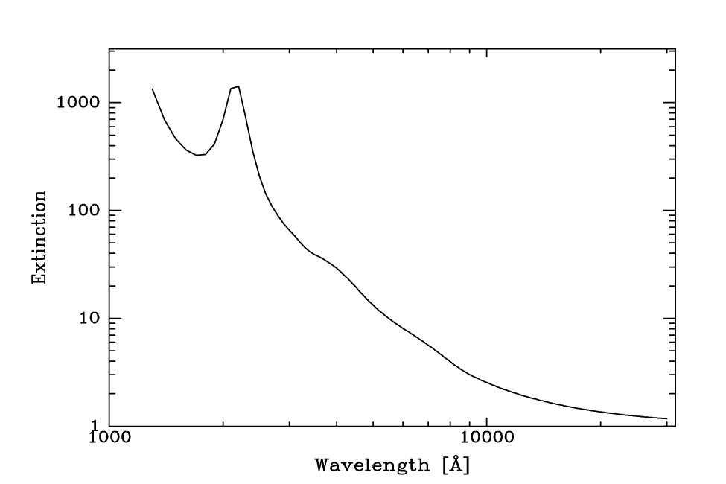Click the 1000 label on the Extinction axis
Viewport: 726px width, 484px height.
click(x=77, y=103)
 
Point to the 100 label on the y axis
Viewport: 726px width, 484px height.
click(x=83, y=211)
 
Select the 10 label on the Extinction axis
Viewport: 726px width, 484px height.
click(x=89, y=319)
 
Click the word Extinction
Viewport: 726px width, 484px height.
click(x=40, y=237)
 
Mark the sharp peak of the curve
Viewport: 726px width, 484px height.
click(x=238, y=86)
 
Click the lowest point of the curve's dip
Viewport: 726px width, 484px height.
click(x=198, y=155)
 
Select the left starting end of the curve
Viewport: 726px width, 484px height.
click(x=153, y=89)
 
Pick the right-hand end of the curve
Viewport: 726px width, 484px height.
click(x=666, y=418)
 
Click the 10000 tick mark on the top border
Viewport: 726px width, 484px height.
click(x=485, y=51)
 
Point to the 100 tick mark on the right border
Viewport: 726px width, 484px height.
click(x=675, y=210)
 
